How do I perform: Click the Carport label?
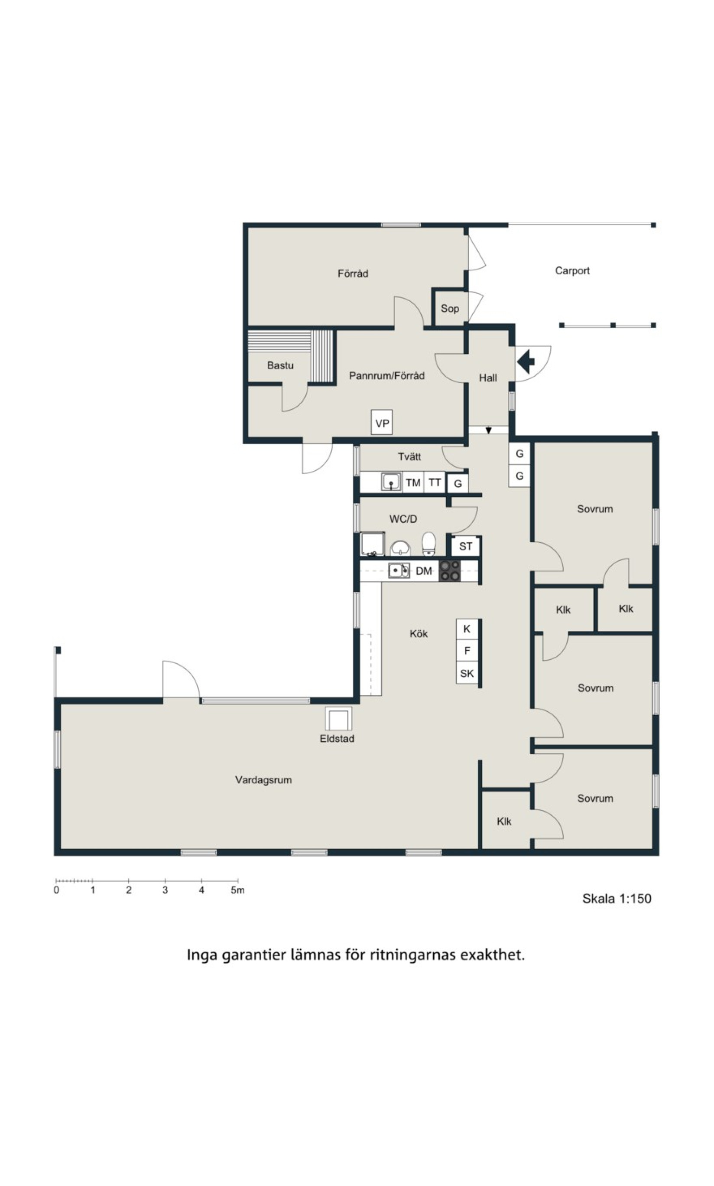(x=572, y=270)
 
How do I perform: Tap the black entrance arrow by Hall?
(x=526, y=362)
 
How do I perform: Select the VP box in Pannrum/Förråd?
(x=382, y=423)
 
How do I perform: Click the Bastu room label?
(x=280, y=365)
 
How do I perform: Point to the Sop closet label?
(x=450, y=309)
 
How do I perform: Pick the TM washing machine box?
(x=413, y=482)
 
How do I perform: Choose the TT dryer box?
(x=435, y=482)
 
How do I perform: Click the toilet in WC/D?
(x=428, y=544)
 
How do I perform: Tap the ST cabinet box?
(x=466, y=546)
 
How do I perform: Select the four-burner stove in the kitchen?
(x=450, y=571)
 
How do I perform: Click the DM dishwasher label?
(x=424, y=571)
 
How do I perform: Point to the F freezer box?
(x=467, y=651)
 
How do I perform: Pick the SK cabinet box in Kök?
(x=467, y=673)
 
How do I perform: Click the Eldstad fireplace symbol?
(x=339, y=719)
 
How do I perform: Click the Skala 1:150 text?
(x=617, y=898)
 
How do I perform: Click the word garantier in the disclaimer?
(x=253, y=955)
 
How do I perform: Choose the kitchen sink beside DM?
(x=399, y=571)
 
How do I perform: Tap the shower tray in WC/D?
(x=373, y=544)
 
